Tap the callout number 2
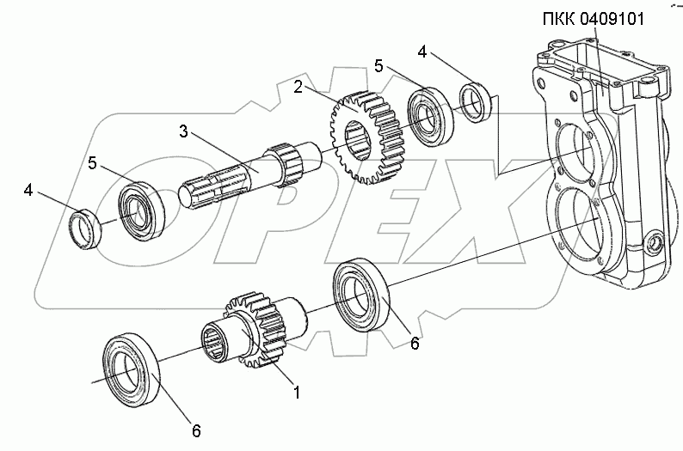pos(298,86)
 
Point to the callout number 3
pos(183,131)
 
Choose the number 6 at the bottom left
pos(195,430)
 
